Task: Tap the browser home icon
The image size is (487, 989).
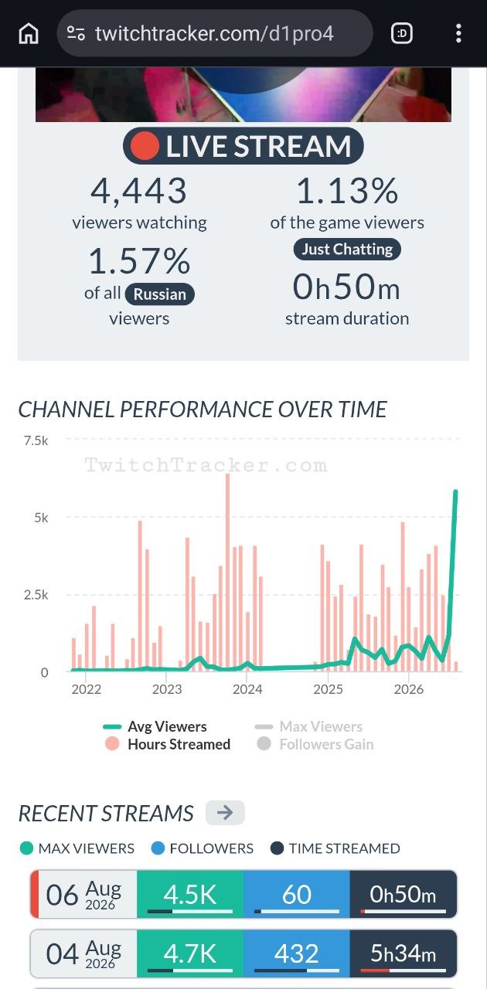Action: click(29, 33)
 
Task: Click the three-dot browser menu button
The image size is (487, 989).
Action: click(458, 33)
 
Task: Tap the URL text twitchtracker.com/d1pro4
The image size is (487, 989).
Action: click(214, 33)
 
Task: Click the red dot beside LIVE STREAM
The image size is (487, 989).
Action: click(144, 146)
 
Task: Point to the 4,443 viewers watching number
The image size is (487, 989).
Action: click(139, 191)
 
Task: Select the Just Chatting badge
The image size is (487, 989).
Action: click(347, 249)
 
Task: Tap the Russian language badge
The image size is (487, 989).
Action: click(159, 294)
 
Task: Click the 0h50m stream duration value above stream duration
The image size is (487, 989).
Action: click(347, 287)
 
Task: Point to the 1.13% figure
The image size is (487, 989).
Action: click(347, 191)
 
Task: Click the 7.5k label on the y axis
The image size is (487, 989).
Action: click(36, 440)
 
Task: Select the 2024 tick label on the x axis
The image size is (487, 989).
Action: click(247, 689)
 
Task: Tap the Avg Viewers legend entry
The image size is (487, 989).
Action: click(155, 726)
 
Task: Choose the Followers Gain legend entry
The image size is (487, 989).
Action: click(315, 744)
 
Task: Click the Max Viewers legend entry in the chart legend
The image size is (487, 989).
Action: click(309, 726)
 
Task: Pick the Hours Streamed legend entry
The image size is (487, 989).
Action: click(168, 744)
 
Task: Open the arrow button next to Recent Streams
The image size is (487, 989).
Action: click(225, 812)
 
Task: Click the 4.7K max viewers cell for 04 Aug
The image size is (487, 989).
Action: click(190, 953)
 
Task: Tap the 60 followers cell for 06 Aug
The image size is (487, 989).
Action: click(297, 894)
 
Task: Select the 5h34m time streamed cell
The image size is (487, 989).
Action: click(403, 953)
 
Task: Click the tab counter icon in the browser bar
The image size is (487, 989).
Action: click(402, 33)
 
